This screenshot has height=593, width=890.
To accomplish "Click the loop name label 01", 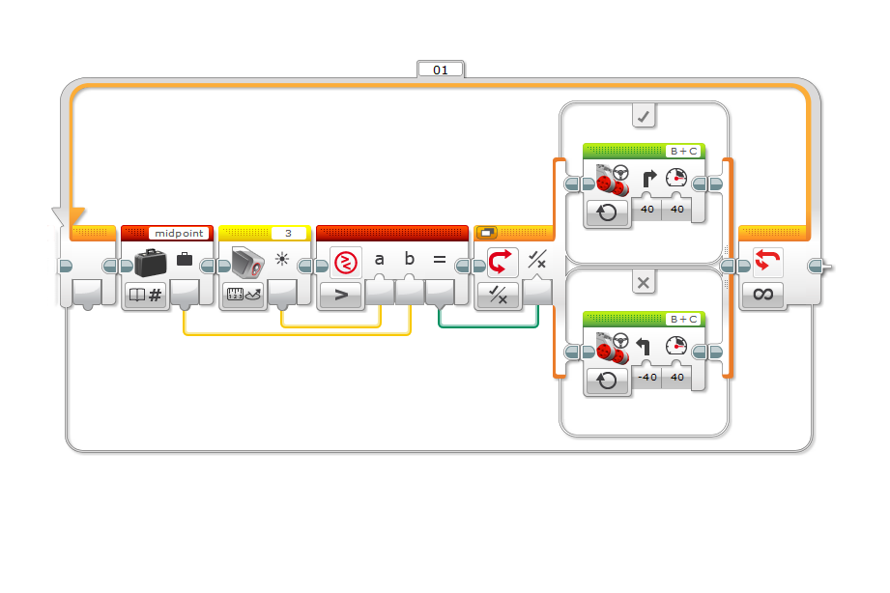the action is pyautogui.click(x=441, y=70).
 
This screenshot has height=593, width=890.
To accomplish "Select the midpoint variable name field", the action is pyautogui.click(x=179, y=233).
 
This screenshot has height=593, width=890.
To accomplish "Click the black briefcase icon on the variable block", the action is pyautogui.click(x=151, y=262).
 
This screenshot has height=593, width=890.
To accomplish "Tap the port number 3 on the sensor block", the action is pyautogui.click(x=288, y=233).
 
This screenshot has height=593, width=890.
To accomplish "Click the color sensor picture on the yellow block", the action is pyautogui.click(x=248, y=262).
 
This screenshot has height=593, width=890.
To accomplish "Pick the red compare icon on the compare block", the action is pyautogui.click(x=346, y=263).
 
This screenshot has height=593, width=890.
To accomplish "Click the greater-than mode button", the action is pyautogui.click(x=340, y=296).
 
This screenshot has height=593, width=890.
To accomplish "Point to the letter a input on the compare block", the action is pyautogui.click(x=379, y=260).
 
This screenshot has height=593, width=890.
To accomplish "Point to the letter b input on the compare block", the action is pyautogui.click(x=409, y=259).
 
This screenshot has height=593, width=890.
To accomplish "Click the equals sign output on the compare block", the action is pyautogui.click(x=440, y=260).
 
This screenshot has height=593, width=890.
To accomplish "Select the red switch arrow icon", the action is pyautogui.click(x=500, y=262).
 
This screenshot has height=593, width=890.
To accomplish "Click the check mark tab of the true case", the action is pyautogui.click(x=643, y=116).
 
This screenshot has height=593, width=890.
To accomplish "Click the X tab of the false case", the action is pyautogui.click(x=643, y=283).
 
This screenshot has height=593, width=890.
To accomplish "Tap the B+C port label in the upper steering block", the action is pyautogui.click(x=684, y=152).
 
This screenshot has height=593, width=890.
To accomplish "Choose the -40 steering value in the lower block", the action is pyautogui.click(x=647, y=377).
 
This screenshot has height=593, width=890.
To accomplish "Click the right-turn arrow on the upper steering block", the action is pyautogui.click(x=648, y=178).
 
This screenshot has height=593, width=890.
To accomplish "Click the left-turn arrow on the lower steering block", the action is pyautogui.click(x=643, y=346).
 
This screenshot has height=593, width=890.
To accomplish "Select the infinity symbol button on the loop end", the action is pyautogui.click(x=762, y=294).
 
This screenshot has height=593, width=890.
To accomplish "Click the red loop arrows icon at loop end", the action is pyautogui.click(x=767, y=261).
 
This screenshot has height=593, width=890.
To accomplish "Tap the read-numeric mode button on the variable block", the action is pyautogui.click(x=145, y=296).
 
